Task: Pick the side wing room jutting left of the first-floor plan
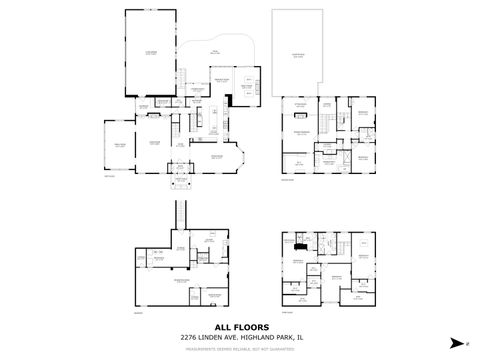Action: pos(118,146)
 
